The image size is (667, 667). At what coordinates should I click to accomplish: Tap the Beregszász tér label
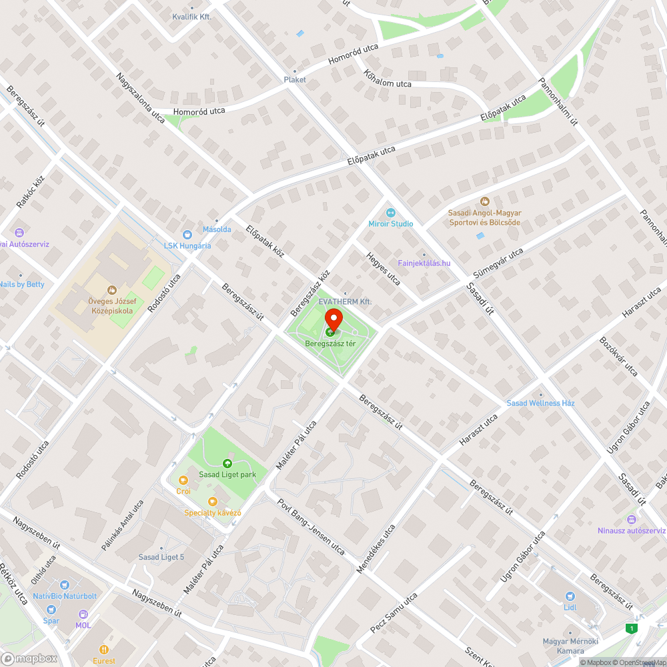pyautogui.click(x=330, y=344)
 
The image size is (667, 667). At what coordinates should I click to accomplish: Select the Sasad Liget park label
pyautogui.click(x=227, y=475)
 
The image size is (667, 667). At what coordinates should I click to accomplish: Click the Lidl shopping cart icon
pyautogui.click(x=570, y=596)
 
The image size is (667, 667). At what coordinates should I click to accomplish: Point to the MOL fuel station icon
pyautogui.click(x=83, y=614)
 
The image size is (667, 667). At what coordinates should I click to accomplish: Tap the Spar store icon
pyautogui.click(x=52, y=609)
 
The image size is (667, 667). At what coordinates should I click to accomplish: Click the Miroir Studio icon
pyautogui.click(x=391, y=212)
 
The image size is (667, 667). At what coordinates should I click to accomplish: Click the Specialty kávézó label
pyautogui.click(x=213, y=513)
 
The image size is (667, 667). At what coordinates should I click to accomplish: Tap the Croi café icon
pyautogui.click(x=183, y=480)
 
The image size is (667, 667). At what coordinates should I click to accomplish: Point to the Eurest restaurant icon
pyautogui.click(x=103, y=650)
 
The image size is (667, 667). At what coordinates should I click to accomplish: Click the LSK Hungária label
pyautogui.click(x=187, y=245)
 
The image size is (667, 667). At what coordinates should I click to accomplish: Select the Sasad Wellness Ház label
pyautogui.click(x=540, y=403)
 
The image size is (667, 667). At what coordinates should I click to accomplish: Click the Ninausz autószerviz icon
pyautogui.click(x=632, y=519)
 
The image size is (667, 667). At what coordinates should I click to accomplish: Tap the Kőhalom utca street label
pyautogui.click(x=388, y=79)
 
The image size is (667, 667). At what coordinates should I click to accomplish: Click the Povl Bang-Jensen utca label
pyautogui.click(x=311, y=527)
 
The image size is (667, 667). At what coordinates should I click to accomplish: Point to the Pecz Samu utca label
pyautogui.click(x=394, y=612)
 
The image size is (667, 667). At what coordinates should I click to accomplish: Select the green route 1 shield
pyautogui.click(x=630, y=628)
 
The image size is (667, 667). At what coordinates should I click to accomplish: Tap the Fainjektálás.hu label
pyautogui.click(x=424, y=263)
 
